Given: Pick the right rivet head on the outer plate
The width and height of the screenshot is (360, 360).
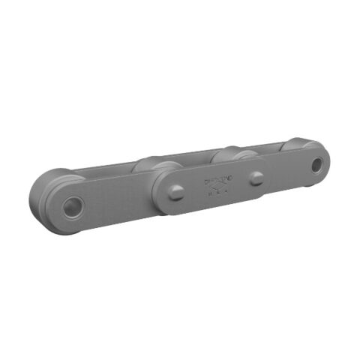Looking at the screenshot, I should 257,178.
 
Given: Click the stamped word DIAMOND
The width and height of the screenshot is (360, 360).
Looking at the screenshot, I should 219,181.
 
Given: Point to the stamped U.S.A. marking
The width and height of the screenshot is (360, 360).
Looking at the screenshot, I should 219,194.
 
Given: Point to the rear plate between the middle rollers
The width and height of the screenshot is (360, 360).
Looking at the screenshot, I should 191,157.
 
